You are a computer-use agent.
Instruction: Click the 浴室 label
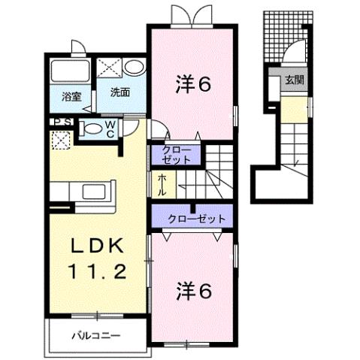pyautogui.click(x=71, y=96)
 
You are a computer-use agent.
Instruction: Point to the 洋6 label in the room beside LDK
pyautogui.click(x=194, y=288)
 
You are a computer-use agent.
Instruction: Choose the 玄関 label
pyautogui.click(x=294, y=80)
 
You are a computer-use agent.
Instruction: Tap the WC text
pyautogui.click(x=109, y=129)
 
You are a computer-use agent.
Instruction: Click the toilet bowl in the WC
pyautogui.click(x=92, y=129)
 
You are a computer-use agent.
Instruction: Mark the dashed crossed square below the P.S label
pyautogui.click(x=59, y=140)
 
